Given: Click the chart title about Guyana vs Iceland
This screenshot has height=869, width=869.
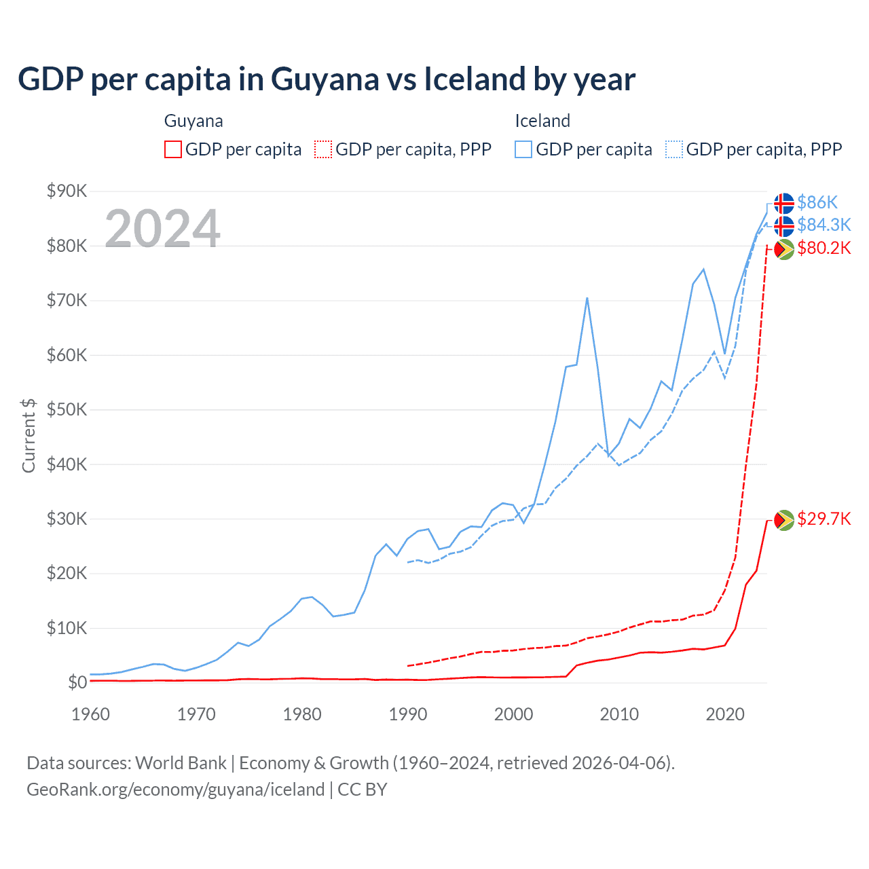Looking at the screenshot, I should tap(327, 79).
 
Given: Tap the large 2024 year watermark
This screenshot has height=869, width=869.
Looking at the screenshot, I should tap(162, 229).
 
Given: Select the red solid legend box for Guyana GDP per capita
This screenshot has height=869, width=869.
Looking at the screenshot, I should tap(173, 149).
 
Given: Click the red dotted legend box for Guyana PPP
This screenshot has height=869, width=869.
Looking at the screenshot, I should tap(323, 149).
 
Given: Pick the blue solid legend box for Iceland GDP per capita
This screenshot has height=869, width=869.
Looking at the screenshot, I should tap(523, 149).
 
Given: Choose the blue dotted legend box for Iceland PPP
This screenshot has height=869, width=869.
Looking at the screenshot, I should tap(674, 149).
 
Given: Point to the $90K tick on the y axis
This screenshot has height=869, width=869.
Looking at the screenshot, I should tap(67, 191).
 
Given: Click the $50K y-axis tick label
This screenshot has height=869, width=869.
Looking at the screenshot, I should tap(67, 409).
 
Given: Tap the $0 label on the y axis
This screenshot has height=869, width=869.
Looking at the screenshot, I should tap(77, 682).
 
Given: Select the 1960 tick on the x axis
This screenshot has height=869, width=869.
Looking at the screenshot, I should tap(90, 714).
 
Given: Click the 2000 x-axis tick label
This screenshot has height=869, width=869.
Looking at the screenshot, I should tap(513, 714).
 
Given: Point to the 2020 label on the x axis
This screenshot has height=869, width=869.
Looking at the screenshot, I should tap(725, 714).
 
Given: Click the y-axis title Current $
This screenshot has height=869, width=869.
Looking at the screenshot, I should tap(29, 436).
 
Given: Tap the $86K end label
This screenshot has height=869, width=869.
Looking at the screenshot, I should tap(817, 202).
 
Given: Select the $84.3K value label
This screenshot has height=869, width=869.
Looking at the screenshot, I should tap(824, 225).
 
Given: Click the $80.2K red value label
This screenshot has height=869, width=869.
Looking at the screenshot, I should tap(824, 248).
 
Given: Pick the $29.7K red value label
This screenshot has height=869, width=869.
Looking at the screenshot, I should tap(824, 519).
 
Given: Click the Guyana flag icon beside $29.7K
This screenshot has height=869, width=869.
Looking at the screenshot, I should tap(784, 520).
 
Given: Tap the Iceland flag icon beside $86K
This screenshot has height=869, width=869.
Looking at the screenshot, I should tap(784, 203).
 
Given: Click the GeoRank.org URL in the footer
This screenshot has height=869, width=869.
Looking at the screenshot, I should tap(175, 790).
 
